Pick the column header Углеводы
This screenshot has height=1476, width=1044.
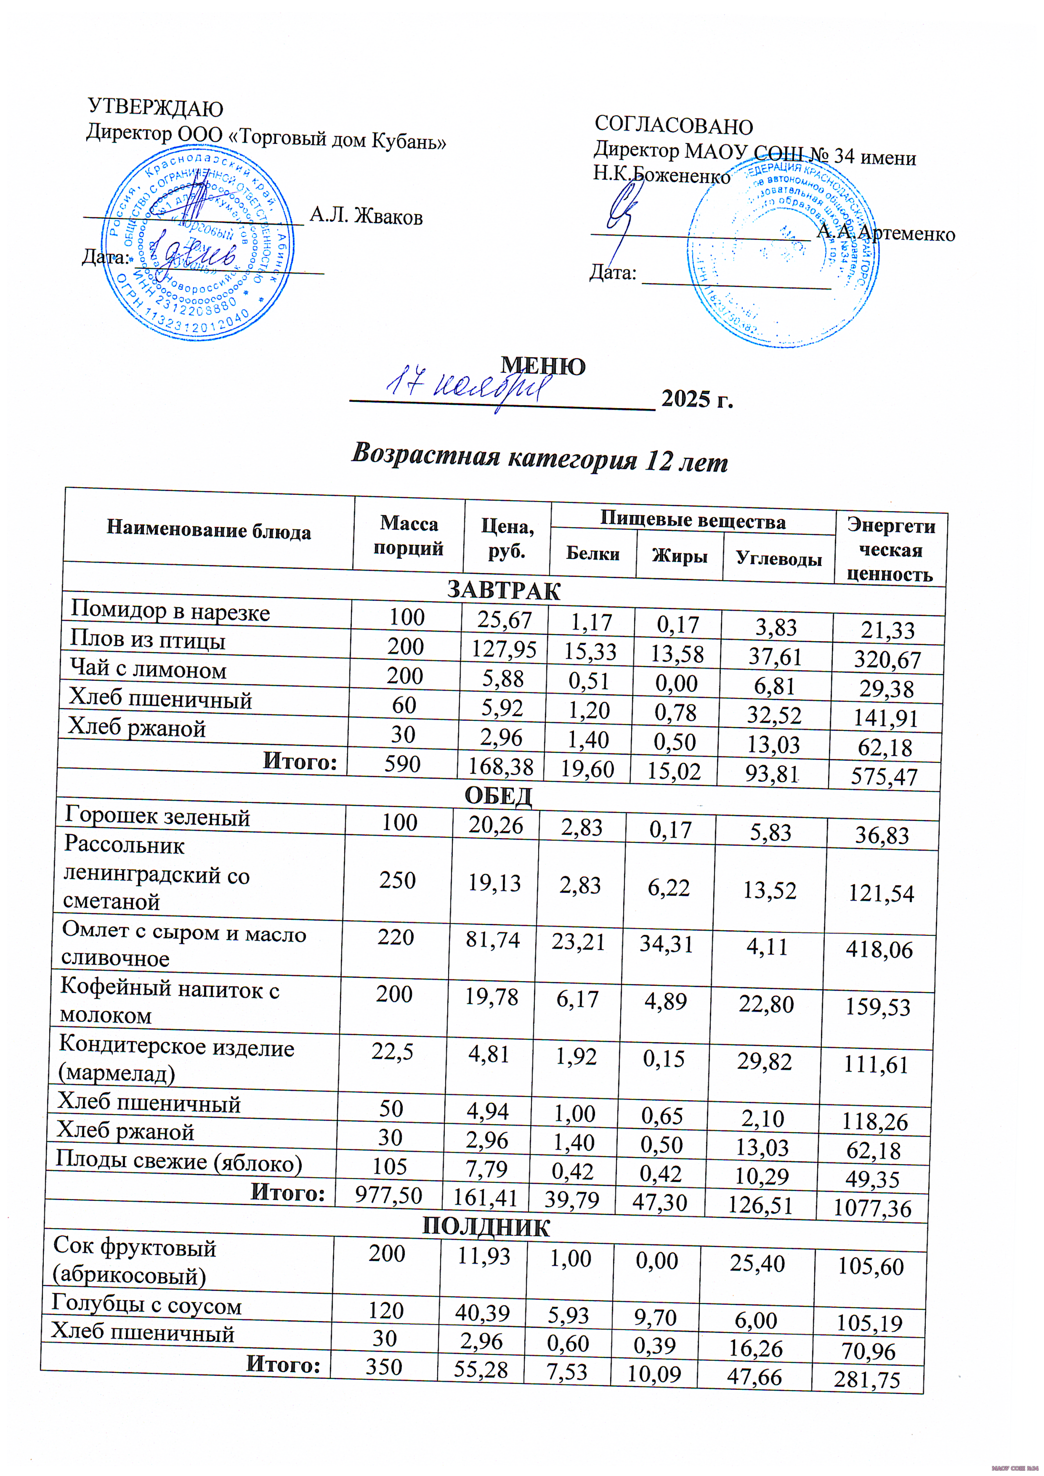coord(778,558)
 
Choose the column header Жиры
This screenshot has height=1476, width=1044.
coord(679,556)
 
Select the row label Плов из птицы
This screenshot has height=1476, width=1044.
coord(147,641)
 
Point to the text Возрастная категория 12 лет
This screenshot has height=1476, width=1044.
coord(540,458)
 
